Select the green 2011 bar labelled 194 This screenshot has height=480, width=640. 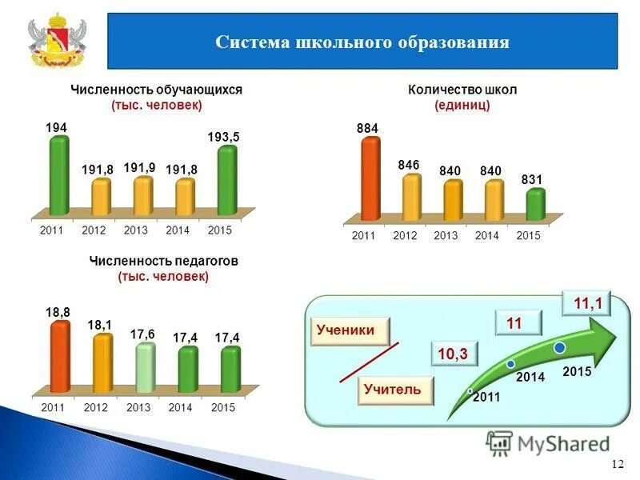click(58, 176)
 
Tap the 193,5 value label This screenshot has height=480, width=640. click(223, 138)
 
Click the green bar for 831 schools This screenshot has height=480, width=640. click(535, 204)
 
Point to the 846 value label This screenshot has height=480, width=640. click(408, 165)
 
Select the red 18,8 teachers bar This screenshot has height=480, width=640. click(59, 357)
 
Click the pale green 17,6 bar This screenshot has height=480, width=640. click(144, 368)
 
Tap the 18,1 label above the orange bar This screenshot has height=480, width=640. click(99, 325)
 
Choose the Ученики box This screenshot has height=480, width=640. click(346, 330)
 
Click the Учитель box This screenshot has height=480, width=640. click(391, 390)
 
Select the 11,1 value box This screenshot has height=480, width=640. click(587, 303)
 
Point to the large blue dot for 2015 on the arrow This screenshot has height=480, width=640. click(560, 347)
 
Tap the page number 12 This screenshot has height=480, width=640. click(617, 465)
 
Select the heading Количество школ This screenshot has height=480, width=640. click(462, 90)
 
